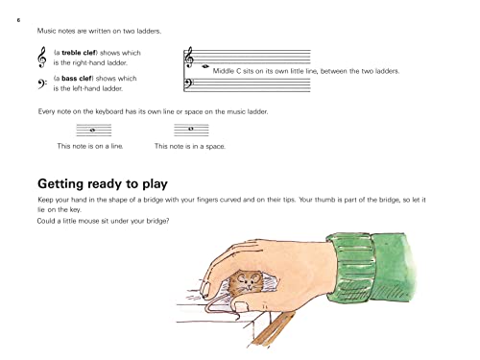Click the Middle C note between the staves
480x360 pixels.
click(206, 67)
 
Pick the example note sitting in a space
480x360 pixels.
click(191, 130)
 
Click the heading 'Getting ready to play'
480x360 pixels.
click(103, 182)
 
